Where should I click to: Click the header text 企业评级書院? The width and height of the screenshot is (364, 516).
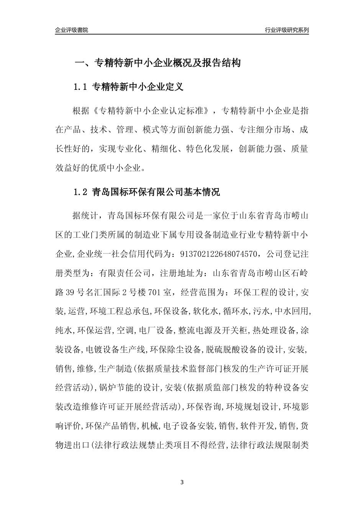click(x=72, y=30)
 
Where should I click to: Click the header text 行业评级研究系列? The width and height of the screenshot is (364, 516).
click(x=287, y=30)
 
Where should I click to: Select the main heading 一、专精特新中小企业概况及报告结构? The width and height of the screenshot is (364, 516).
click(x=157, y=63)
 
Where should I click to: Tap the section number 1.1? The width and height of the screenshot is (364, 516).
click(x=81, y=87)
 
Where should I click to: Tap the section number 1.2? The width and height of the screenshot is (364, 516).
click(x=81, y=192)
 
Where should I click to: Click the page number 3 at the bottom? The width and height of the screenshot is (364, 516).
click(x=182, y=482)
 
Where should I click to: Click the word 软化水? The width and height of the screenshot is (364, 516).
click(x=205, y=311)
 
